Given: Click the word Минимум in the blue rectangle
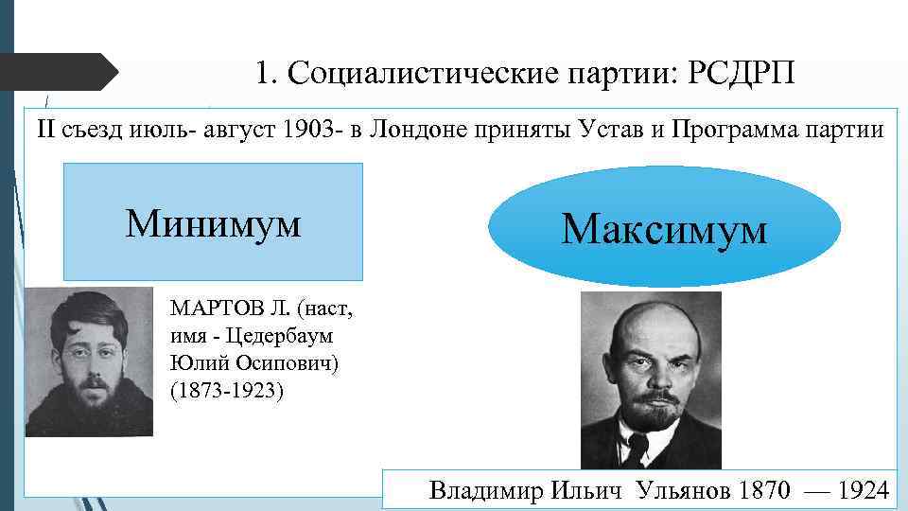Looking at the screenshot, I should point(214,223).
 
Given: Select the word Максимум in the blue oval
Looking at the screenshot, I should point(664,228).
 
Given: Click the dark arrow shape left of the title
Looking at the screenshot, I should point(57,72).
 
